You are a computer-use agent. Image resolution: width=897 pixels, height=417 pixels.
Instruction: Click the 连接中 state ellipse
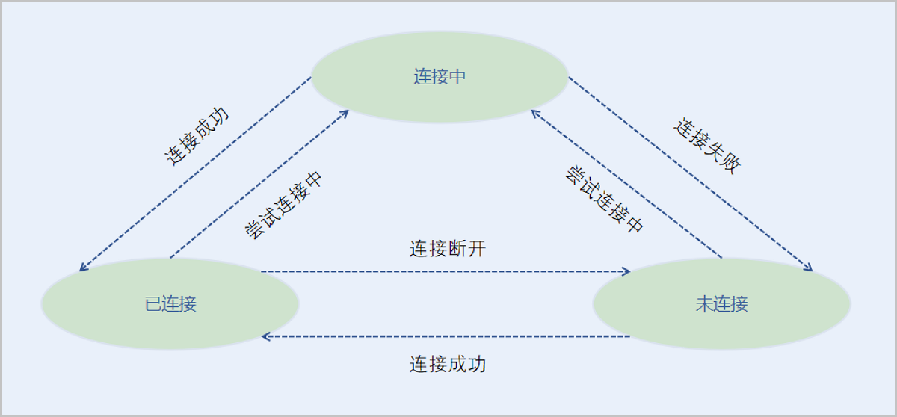(440, 77)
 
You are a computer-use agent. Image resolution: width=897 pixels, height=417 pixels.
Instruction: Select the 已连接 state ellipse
(170, 304)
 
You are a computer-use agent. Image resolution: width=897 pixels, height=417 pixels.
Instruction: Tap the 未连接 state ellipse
(721, 304)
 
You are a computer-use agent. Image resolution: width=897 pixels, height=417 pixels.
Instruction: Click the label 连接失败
(707, 146)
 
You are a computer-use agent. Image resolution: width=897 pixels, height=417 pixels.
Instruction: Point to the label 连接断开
(447, 249)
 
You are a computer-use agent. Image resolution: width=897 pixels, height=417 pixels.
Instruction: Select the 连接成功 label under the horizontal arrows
(447, 364)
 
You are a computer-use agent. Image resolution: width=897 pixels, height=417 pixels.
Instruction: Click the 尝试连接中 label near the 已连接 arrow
(284, 205)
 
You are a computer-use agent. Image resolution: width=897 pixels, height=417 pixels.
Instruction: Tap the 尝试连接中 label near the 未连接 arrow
(603, 200)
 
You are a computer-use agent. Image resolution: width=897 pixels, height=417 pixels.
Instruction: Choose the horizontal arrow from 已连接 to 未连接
(446, 271)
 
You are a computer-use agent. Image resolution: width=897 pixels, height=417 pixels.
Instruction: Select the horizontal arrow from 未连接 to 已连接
(446, 336)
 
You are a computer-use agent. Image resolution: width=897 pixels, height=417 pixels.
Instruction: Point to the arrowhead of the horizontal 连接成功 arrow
(265, 336)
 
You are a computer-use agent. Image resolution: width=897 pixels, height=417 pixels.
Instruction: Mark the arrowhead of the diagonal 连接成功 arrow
(82, 268)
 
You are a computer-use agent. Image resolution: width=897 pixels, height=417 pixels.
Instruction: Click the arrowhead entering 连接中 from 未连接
(534, 112)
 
